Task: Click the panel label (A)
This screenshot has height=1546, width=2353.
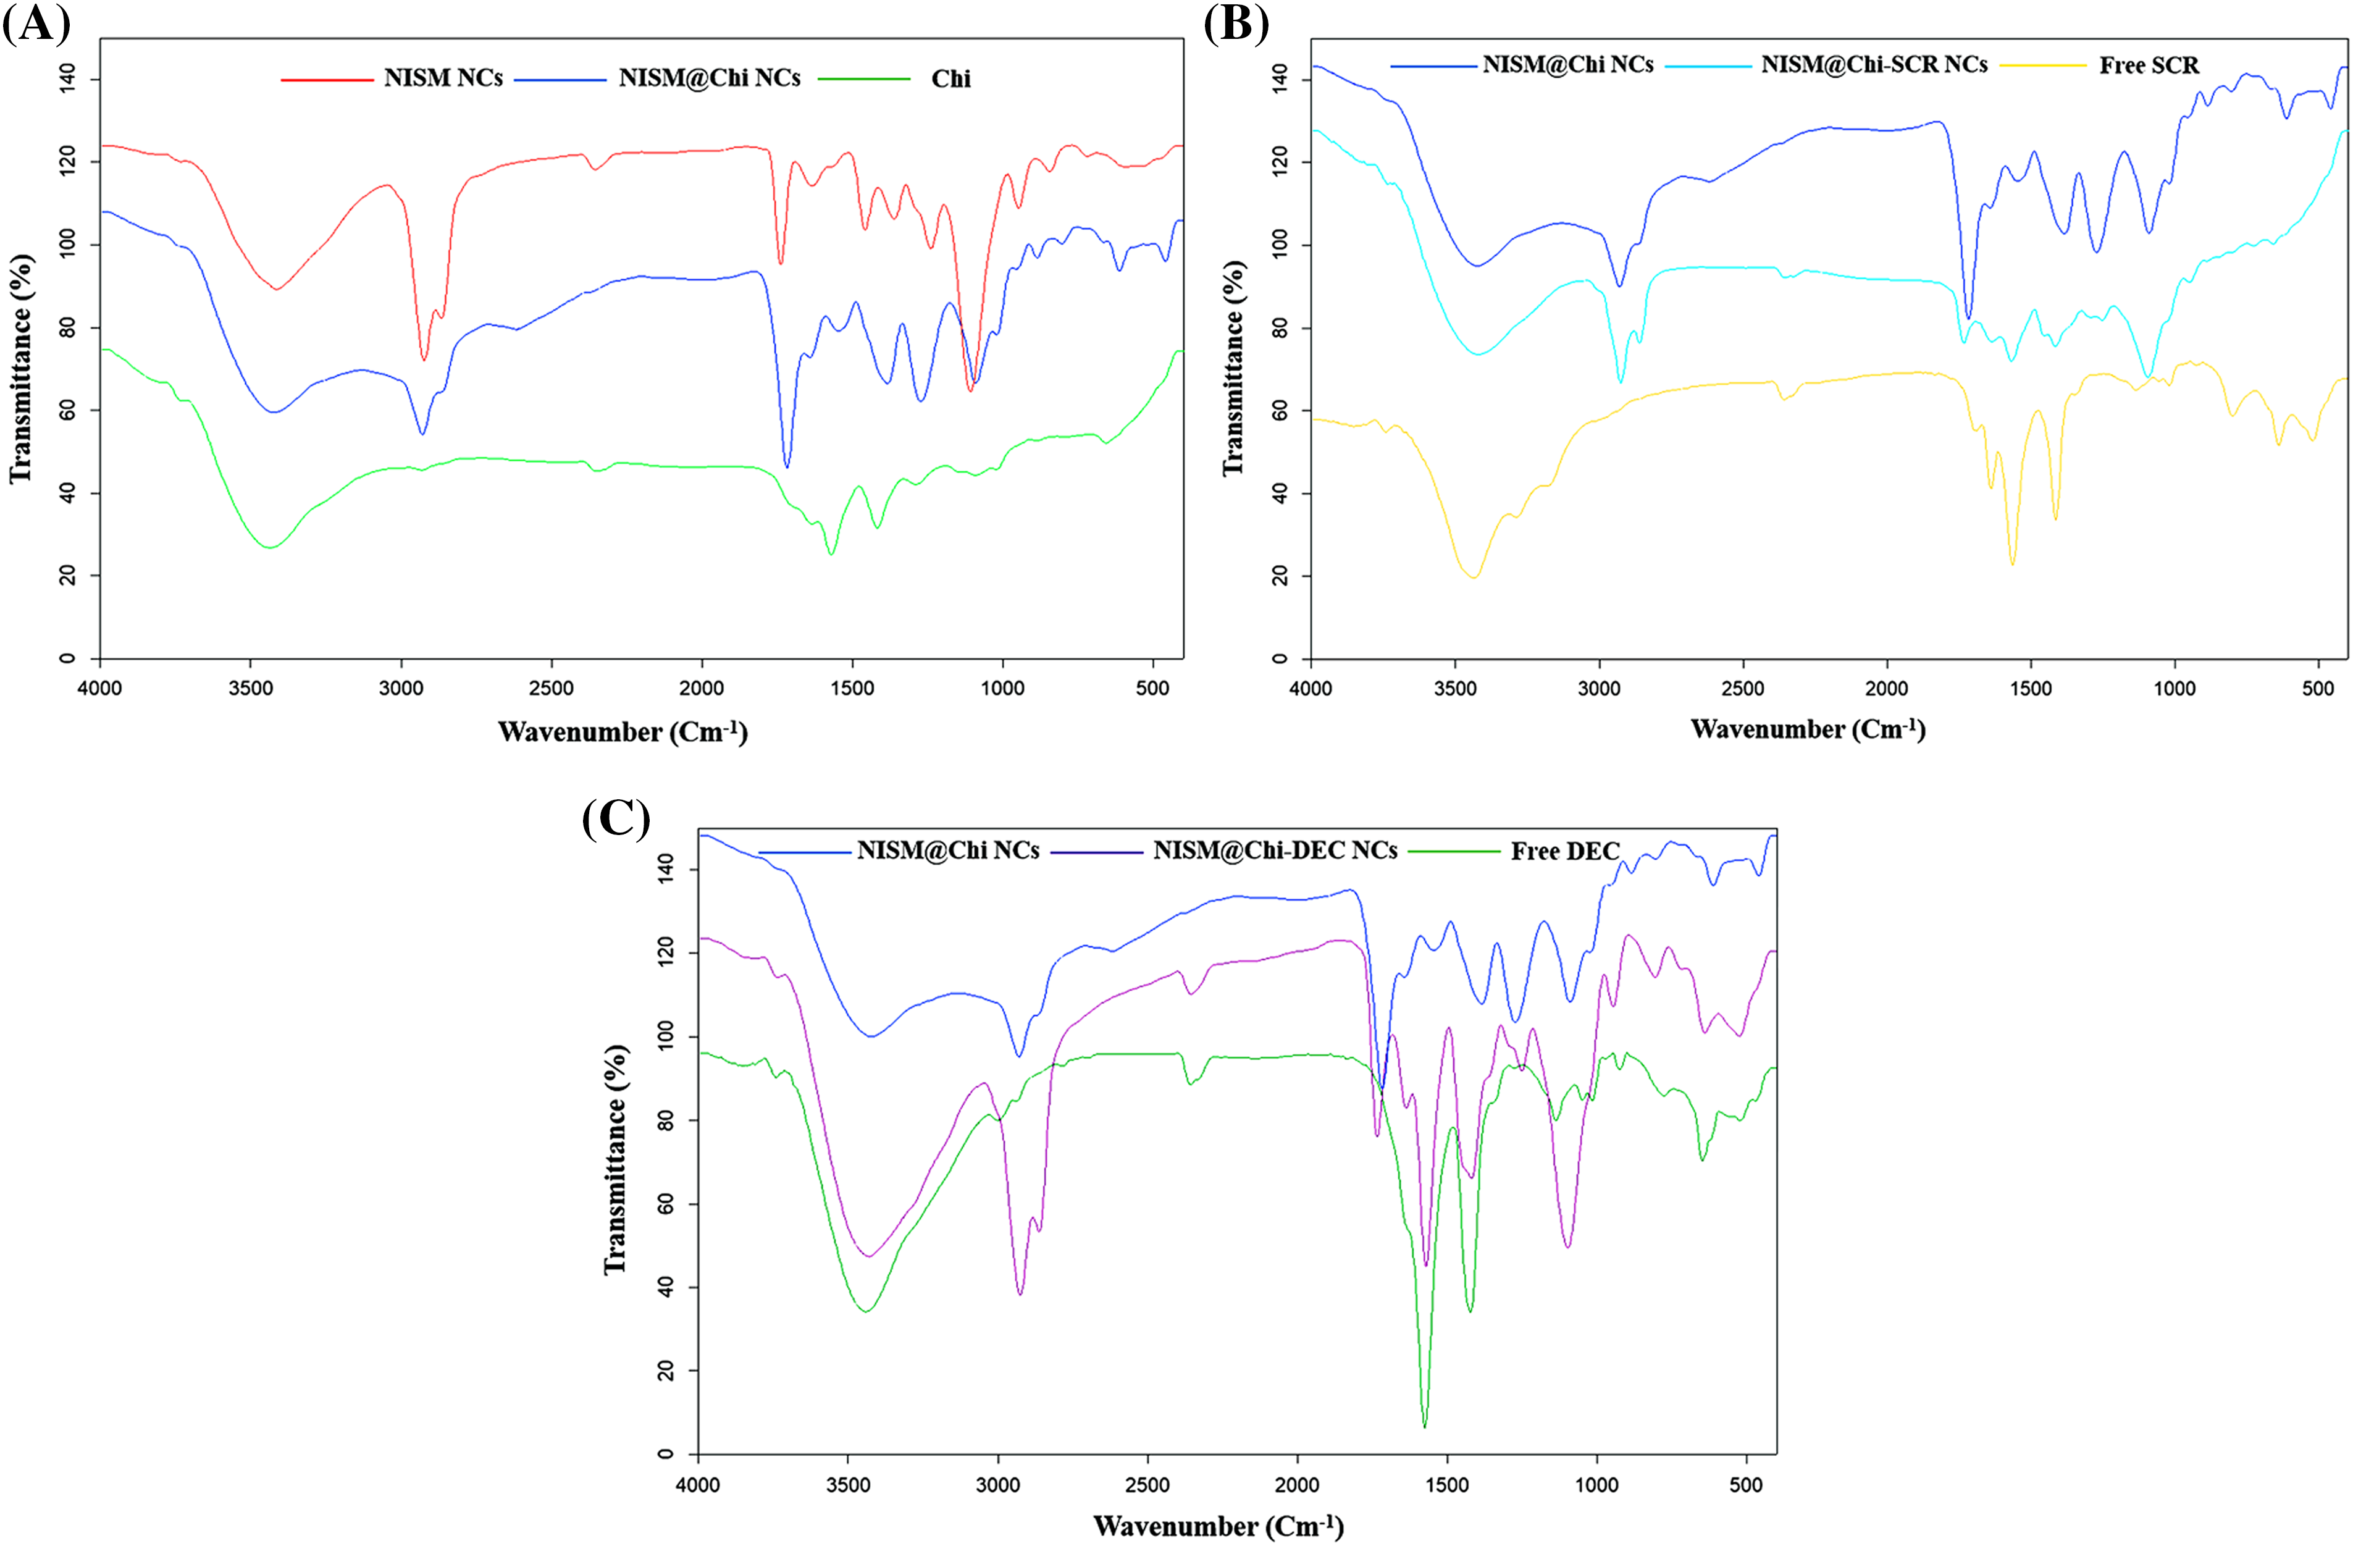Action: pyautogui.click(x=36, y=23)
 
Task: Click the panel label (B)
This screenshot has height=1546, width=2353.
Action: pyautogui.click(x=1236, y=23)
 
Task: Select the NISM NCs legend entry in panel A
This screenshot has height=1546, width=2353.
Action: pyautogui.click(x=443, y=78)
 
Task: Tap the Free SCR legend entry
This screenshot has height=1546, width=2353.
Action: pyautogui.click(x=2149, y=66)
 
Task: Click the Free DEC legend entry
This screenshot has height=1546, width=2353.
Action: pyautogui.click(x=1564, y=851)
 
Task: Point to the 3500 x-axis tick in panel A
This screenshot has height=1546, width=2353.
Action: pyautogui.click(x=250, y=688)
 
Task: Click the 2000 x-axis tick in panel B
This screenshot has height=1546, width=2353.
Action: pyautogui.click(x=1886, y=688)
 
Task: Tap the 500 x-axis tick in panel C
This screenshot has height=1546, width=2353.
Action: pyautogui.click(x=1746, y=1485)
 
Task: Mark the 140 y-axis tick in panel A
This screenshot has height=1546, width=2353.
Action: pyautogui.click(x=67, y=79)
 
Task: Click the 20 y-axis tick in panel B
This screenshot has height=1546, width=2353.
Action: pyautogui.click(x=1279, y=576)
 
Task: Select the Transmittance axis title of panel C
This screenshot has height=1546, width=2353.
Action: pyautogui.click(x=615, y=1159)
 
